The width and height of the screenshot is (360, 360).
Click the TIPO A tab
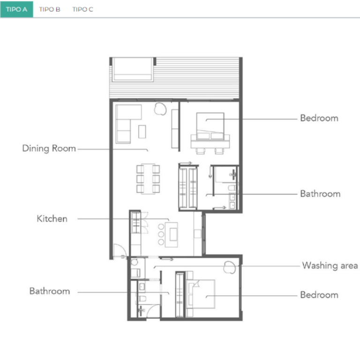(x=16, y=9)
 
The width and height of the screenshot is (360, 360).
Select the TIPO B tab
(x=50, y=9)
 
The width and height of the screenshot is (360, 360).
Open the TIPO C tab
(x=82, y=9)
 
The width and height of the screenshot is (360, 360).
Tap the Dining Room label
(x=49, y=148)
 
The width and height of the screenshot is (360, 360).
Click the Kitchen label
(x=52, y=218)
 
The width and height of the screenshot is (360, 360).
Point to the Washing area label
(x=330, y=266)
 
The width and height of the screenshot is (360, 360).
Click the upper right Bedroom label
(x=319, y=118)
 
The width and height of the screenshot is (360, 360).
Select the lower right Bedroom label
(x=319, y=295)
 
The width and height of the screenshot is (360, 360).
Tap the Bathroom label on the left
(x=50, y=291)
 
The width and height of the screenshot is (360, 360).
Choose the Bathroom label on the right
(x=320, y=194)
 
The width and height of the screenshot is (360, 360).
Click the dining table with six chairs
(x=148, y=179)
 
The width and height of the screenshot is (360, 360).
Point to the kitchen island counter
(x=171, y=235)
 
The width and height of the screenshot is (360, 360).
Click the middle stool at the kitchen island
(x=161, y=234)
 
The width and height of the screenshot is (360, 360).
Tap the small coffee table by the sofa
(x=142, y=132)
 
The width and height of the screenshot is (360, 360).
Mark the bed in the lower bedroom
(x=202, y=294)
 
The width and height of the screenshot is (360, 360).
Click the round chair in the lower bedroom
(x=230, y=267)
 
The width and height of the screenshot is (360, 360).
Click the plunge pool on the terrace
(x=133, y=69)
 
